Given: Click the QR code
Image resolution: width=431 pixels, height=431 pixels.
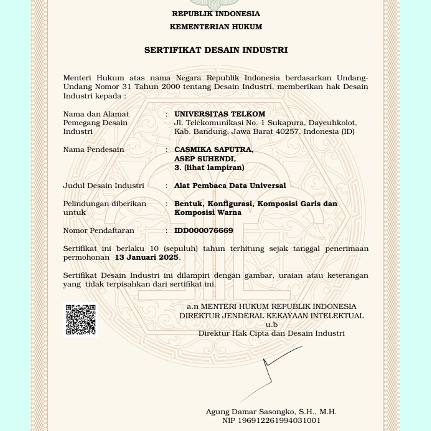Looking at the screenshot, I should pos(80,320).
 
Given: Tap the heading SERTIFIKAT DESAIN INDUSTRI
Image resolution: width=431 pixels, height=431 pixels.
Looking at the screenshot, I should pos(216,50).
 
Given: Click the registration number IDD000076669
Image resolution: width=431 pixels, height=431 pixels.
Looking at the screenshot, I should pos(203,231).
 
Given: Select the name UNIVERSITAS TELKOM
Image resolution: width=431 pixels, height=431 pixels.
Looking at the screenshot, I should pos(219,114).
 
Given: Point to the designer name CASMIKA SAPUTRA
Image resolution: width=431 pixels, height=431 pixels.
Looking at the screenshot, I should pos(214,150).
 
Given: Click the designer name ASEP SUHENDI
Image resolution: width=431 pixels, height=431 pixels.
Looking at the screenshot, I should pos(205,159).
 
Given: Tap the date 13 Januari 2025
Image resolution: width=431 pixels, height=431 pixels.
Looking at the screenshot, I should pos(147,257).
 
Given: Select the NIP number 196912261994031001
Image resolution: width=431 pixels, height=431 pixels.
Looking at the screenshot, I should pos(279,421).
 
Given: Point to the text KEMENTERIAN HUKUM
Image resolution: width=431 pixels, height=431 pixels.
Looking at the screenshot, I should pos(216,27).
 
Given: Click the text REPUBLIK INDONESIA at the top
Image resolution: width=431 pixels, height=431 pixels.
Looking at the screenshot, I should pos(216,14).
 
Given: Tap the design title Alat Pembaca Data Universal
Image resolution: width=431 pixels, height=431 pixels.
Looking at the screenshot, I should pos(230,186).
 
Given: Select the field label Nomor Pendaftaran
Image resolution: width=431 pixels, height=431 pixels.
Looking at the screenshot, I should pos(99,231).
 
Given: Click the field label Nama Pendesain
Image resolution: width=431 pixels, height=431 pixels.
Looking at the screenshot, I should pos(93,150).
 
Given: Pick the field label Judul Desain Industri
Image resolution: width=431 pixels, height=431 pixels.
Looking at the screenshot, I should pos(104,186).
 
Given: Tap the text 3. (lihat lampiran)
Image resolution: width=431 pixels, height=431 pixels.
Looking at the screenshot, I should pos(209,168).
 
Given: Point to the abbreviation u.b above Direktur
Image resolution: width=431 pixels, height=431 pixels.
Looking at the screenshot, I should pos(271,325).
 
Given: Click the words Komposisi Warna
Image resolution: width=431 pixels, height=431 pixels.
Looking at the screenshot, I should pos(208,213).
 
